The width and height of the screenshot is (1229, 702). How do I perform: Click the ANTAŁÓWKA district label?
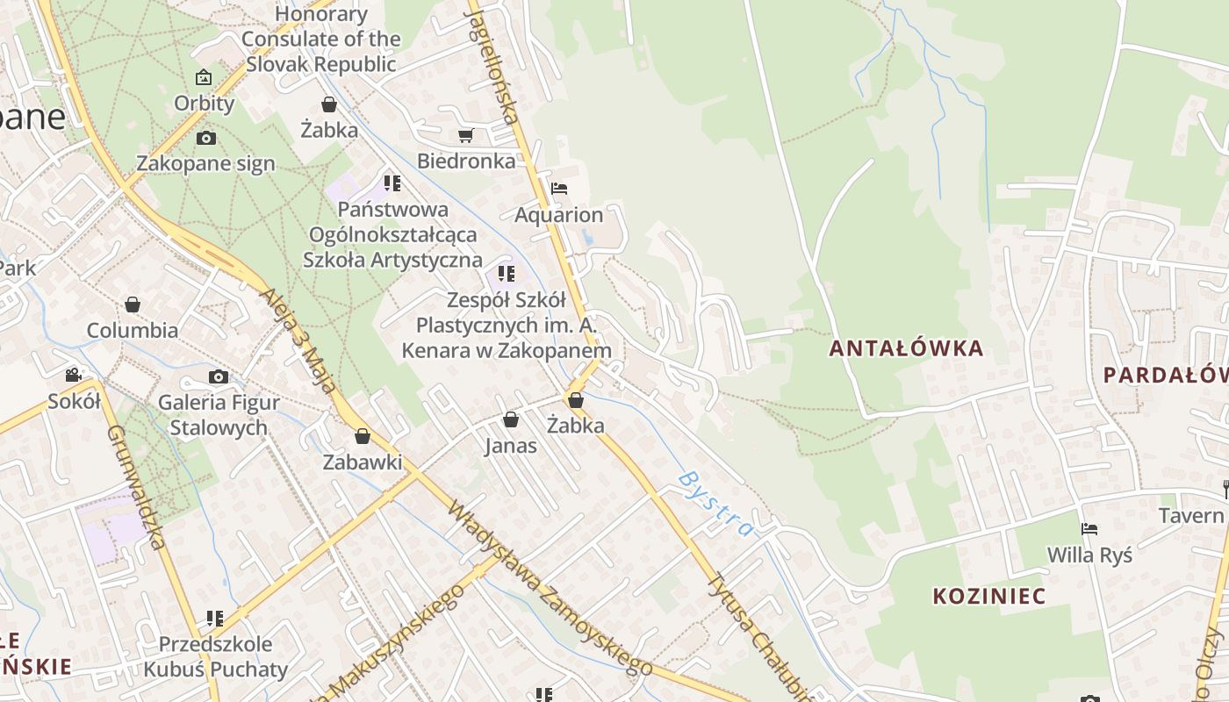[x=906, y=348]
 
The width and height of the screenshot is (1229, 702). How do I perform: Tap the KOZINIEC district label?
[x=988, y=597]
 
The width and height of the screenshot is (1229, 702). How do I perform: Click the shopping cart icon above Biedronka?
[x=465, y=135]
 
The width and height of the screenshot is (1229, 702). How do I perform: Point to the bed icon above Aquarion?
[x=558, y=188]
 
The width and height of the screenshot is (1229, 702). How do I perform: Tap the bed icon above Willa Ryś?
[x=1089, y=528]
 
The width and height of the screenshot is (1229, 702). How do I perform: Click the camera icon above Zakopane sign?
[x=206, y=138]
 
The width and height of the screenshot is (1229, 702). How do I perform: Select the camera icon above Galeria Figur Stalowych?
[x=219, y=376]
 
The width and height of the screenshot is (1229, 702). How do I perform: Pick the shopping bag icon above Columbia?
[x=133, y=304]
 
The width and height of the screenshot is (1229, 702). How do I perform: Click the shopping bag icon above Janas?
[x=511, y=419]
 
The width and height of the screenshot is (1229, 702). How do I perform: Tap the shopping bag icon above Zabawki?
[x=362, y=435]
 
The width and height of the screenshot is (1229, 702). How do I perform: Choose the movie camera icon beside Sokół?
[x=73, y=375]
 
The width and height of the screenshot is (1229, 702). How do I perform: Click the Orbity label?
[x=205, y=104]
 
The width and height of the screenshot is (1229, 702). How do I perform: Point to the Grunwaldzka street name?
[x=136, y=487]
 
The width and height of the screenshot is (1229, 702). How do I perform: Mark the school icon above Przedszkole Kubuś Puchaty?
[x=215, y=618]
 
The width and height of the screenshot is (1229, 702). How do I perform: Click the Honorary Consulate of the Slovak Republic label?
[x=321, y=39]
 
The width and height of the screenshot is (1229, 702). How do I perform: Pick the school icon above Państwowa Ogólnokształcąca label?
[x=392, y=183]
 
